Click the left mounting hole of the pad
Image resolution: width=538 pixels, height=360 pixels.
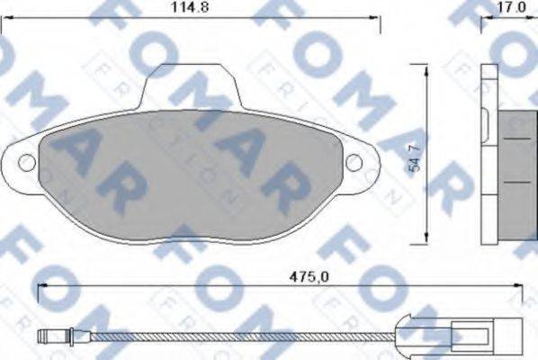[27, 163]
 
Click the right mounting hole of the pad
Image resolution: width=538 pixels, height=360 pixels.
[354, 163]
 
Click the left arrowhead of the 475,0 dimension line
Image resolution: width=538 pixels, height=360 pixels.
[40, 289]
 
